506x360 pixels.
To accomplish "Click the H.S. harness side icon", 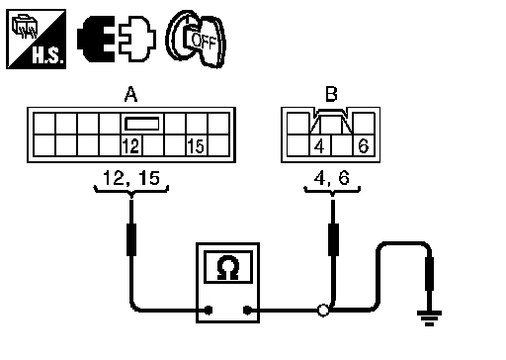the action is tap(37, 40).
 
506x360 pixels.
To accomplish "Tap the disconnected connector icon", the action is tap(117, 40).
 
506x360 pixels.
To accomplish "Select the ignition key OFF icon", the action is tap(197, 40).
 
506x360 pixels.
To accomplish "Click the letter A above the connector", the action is tap(130, 94).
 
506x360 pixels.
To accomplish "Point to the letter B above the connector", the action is tap(331, 94).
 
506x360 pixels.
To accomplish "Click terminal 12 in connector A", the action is tap(131, 145).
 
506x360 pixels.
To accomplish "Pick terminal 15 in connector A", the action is tap(197, 145).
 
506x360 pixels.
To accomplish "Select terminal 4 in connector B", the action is tap(320, 145).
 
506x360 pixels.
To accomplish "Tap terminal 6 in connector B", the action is tap(364, 145).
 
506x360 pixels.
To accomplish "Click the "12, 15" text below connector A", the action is tap(131, 178).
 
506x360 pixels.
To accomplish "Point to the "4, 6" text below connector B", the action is tap(332, 178).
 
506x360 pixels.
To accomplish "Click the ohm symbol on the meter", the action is tap(228, 268).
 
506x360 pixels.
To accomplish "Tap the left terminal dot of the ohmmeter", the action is tap(209, 310).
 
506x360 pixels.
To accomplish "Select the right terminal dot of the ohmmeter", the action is tap(247, 310).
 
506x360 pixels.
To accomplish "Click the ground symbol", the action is tap(429, 317).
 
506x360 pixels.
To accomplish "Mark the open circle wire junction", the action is tap(323, 311).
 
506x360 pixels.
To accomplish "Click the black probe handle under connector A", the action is tap(131, 239).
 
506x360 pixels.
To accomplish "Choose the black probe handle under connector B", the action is tap(333, 239).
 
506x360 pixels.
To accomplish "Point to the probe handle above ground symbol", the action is tap(429, 274).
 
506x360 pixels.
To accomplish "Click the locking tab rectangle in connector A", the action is tap(142, 124).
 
